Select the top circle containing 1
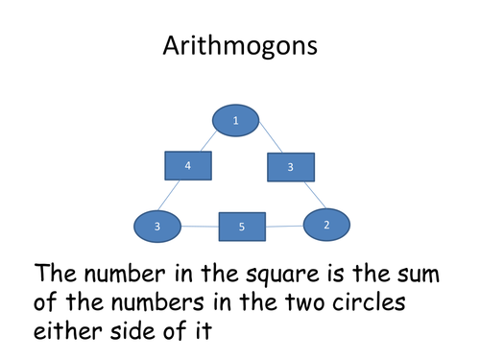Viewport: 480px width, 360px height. [235, 120]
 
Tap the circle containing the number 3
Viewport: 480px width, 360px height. [157, 227]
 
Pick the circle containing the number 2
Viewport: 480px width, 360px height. [326, 225]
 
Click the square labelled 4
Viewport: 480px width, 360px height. [188, 166]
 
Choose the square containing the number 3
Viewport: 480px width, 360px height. [290, 167]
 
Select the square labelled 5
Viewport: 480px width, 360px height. [242, 228]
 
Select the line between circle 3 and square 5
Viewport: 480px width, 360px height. [200, 227]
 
